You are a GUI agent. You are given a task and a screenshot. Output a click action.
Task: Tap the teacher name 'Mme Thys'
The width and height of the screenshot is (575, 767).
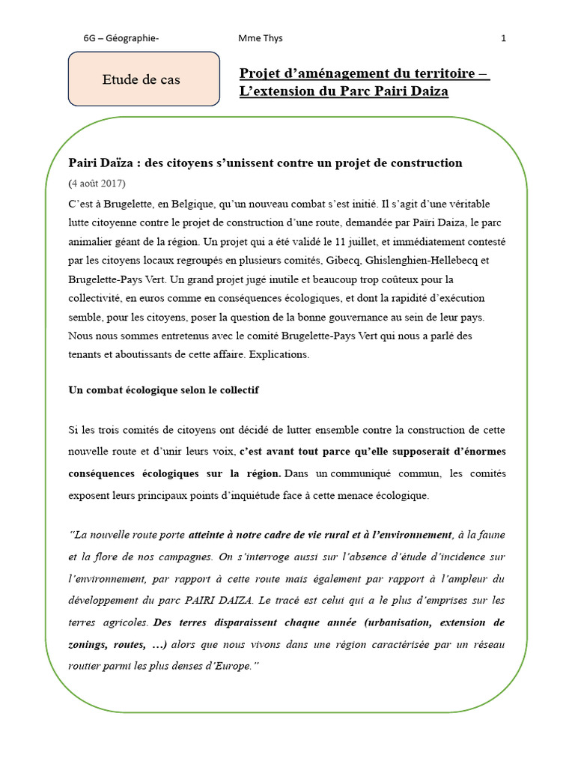pos(260,38)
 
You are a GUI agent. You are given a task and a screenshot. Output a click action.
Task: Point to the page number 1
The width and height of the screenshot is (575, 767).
pos(504,38)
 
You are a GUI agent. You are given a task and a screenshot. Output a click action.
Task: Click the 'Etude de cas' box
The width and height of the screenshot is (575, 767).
pos(142,79)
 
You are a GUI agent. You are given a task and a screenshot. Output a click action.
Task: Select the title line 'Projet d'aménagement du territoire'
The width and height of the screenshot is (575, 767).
pos(364,73)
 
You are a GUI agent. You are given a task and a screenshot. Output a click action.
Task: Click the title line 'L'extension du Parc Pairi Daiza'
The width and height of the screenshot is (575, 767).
pos(344,91)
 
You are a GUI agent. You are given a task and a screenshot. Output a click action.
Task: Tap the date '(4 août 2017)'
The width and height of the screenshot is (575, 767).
pos(97,184)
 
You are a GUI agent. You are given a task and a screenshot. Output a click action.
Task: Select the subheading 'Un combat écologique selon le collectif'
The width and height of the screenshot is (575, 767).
pos(164,391)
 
